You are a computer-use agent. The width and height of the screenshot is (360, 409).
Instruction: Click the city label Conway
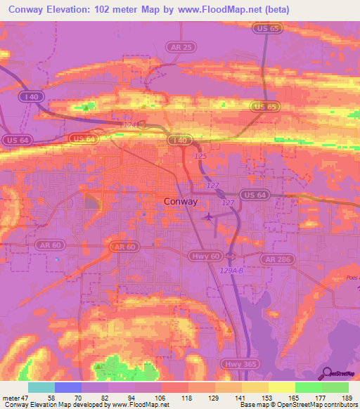tap(180, 201)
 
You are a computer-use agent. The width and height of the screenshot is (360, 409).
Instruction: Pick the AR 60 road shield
tap(122, 247)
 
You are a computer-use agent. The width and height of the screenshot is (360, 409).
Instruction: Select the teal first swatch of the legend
tap(41, 387)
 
